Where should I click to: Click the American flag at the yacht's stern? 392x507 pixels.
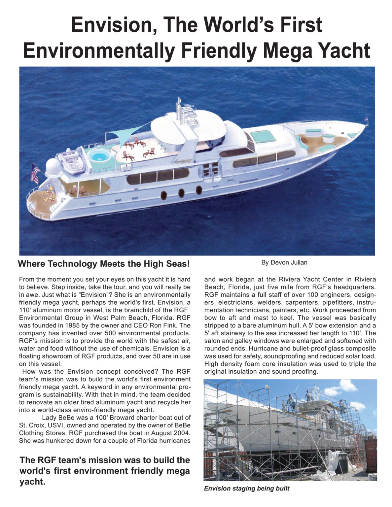pyautogui.click(x=35, y=173)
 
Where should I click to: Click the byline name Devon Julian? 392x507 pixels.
pyautogui.click(x=284, y=263)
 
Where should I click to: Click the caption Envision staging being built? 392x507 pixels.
pyautogui.click(x=246, y=488)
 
